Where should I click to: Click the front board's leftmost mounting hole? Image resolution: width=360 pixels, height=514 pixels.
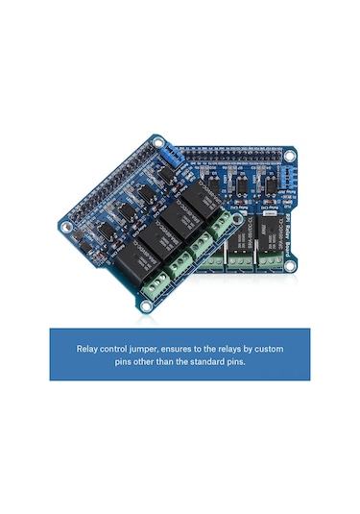pyautogui.click(x=66, y=229)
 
